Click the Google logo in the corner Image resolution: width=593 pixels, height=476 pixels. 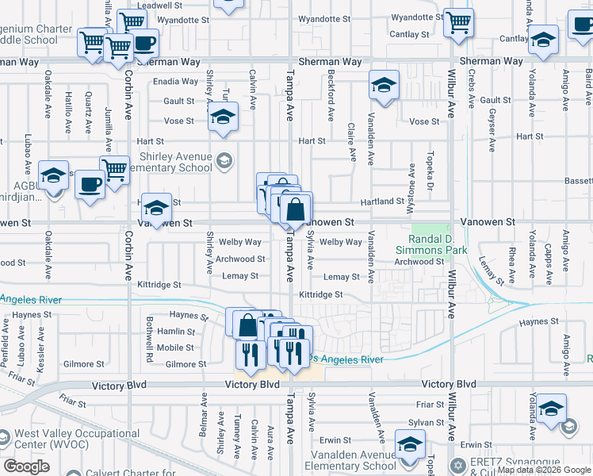point(26,466)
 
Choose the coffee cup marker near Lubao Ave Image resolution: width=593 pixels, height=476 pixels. point(89,185)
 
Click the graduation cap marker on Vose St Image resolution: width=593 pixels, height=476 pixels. point(224,117)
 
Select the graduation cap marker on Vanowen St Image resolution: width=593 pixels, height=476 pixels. point(156,208)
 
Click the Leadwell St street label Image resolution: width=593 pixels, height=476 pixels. point(155,5)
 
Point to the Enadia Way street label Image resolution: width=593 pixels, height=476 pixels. point(175,81)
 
